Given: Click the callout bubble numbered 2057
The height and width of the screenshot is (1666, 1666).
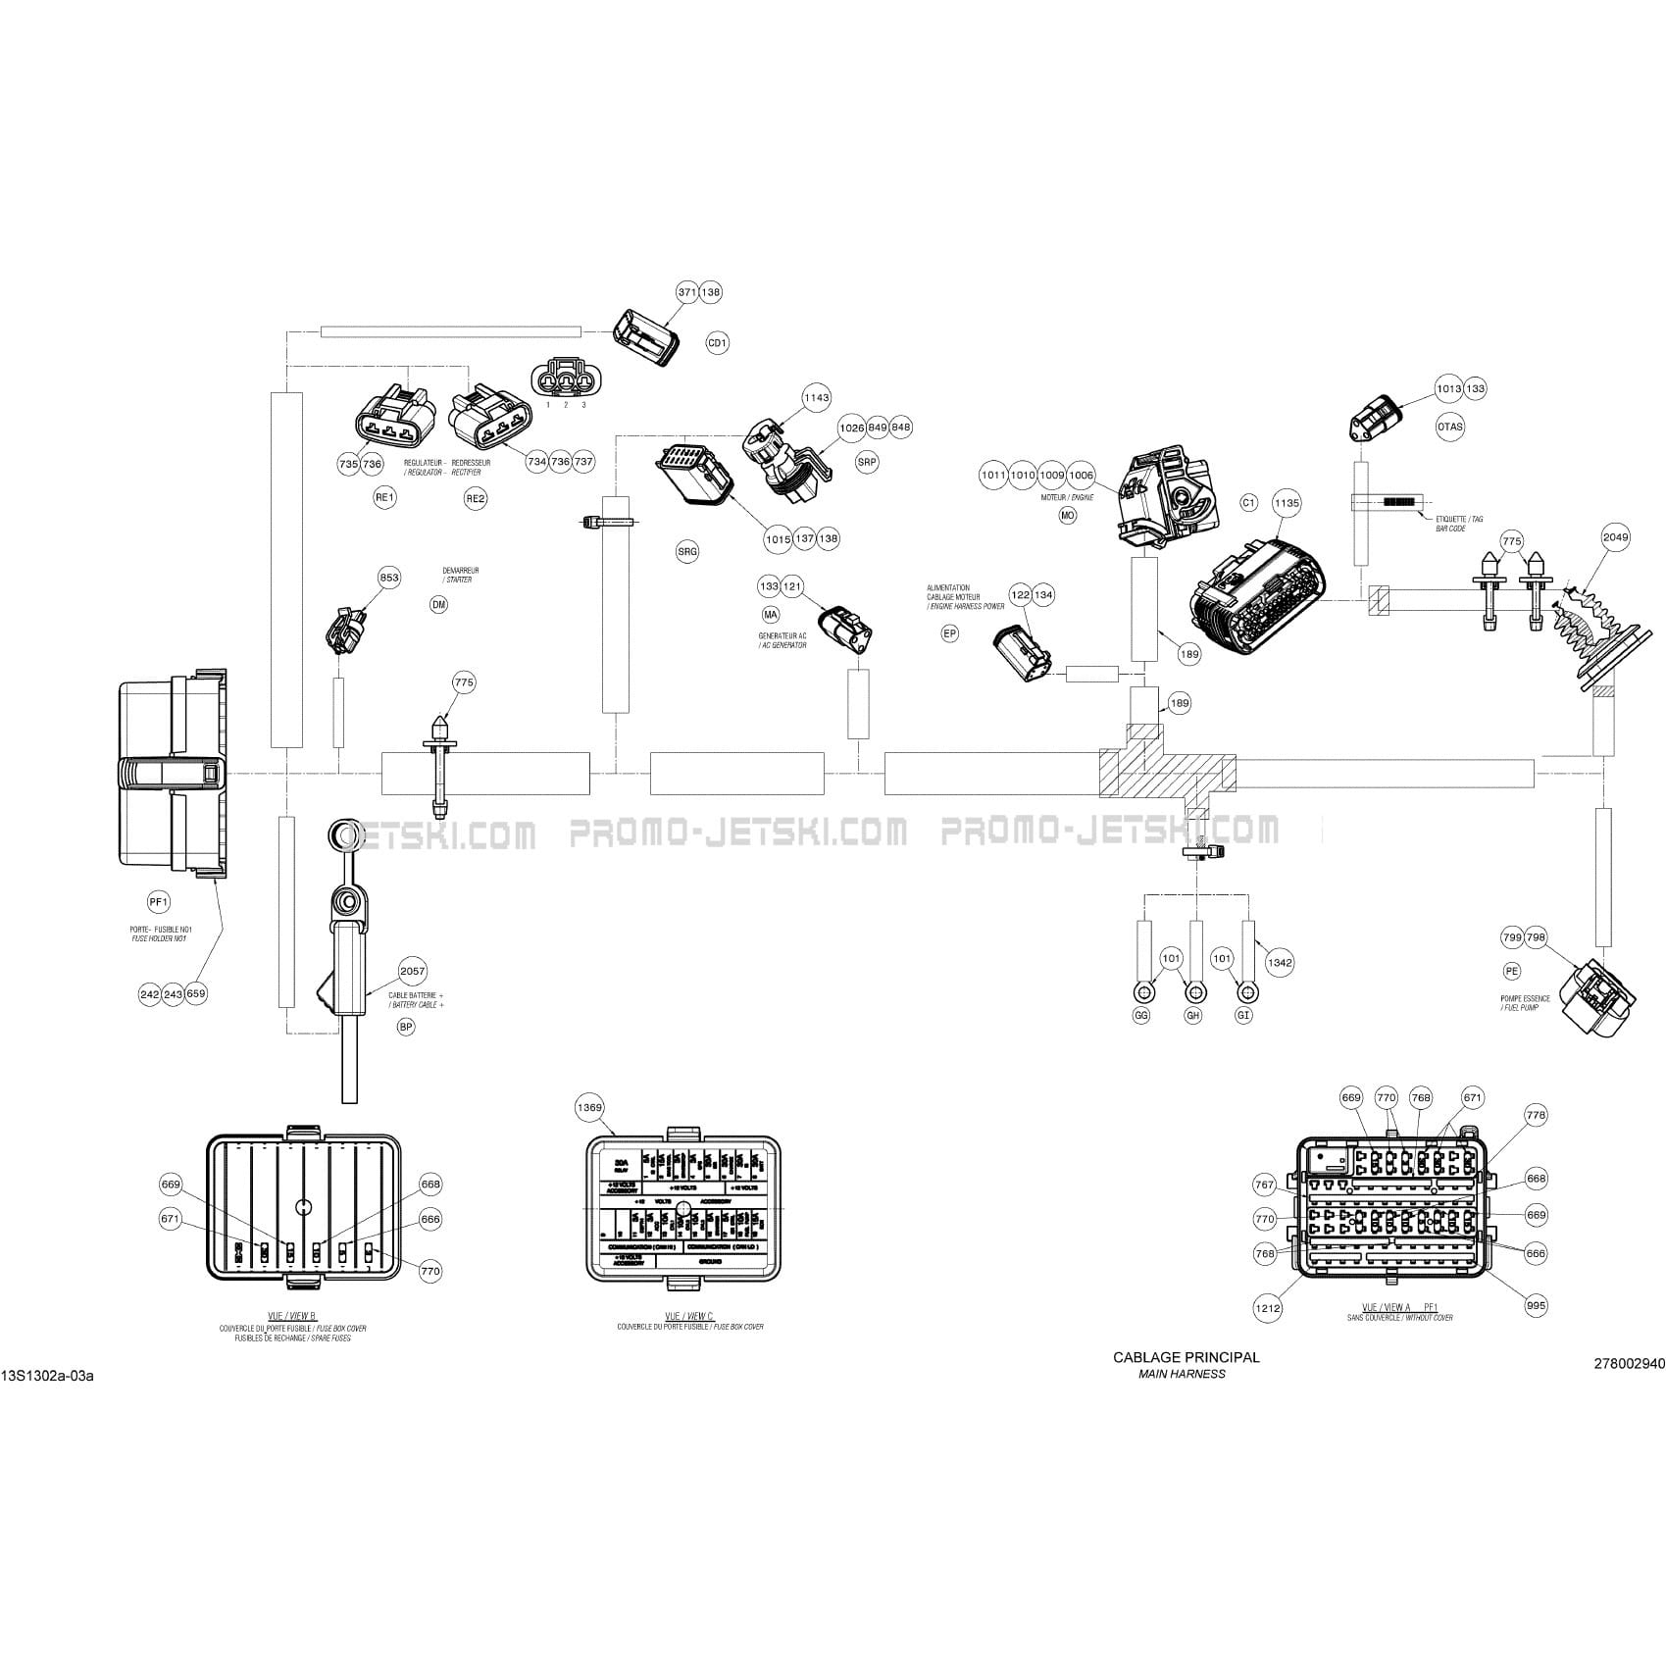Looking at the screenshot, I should click(413, 971).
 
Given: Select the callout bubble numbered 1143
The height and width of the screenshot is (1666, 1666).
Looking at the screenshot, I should click(816, 397).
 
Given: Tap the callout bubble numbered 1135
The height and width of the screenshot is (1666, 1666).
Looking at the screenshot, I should click(1287, 503).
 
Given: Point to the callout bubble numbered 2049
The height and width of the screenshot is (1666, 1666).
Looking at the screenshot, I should click(1615, 536).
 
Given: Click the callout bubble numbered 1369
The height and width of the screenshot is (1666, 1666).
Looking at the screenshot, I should click(589, 1107).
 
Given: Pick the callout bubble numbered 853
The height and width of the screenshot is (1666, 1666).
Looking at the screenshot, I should click(389, 578).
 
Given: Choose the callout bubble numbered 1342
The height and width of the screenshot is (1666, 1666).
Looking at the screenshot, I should click(1280, 962).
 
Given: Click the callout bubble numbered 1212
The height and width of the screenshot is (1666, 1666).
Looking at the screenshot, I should click(1268, 1308).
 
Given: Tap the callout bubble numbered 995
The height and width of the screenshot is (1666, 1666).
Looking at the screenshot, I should click(1536, 1305).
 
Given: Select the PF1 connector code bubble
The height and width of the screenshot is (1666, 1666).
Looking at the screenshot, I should click(159, 901).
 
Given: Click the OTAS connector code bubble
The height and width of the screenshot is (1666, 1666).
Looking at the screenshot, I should click(1449, 427).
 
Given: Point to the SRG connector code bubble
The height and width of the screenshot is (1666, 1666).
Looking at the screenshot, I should click(687, 552).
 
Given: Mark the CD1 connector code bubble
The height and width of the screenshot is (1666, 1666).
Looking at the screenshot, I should click(718, 343).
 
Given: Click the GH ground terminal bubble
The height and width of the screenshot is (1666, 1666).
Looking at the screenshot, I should click(1193, 1016).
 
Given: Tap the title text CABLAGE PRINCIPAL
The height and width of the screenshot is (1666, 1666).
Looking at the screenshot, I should click(1186, 1357).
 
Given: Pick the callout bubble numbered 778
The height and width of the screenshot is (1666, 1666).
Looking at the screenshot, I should click(1536, 1115).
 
